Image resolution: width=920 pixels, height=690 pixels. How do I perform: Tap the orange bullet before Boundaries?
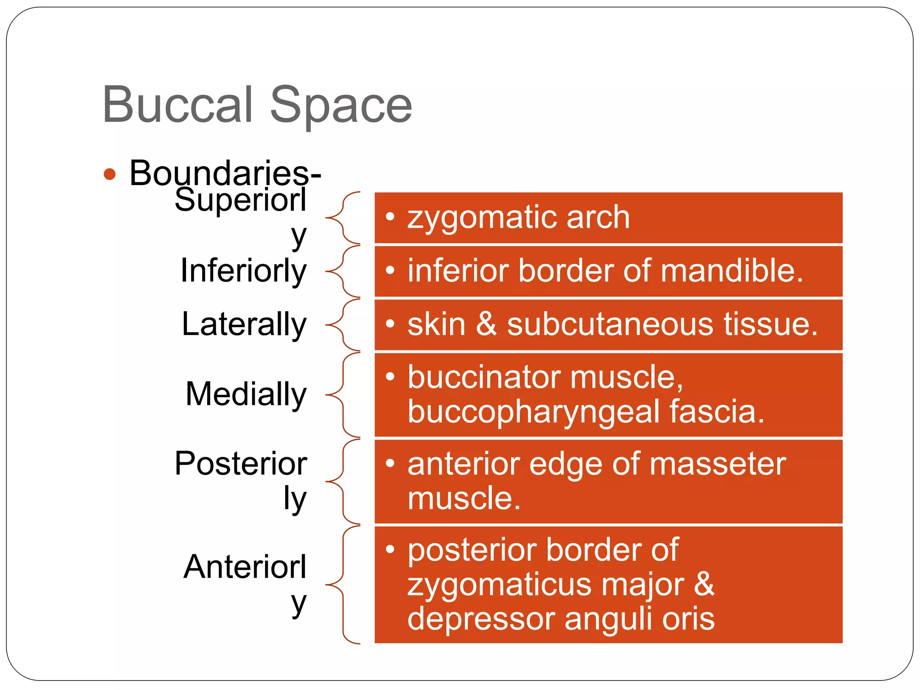click(x=110, y=174)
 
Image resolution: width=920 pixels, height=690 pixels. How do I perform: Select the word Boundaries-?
click(x=225, y=172)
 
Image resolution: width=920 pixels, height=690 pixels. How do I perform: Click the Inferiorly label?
click(x=243, y=271)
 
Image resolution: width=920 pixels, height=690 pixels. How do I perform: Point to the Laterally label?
click(x=244, y=324)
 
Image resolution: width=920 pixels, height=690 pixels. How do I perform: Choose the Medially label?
click(x=246, y=394)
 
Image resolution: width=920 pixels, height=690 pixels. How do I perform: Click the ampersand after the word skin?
click(x=487, y=324)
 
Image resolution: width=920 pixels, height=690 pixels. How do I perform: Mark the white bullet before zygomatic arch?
click(x=390, y=217)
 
